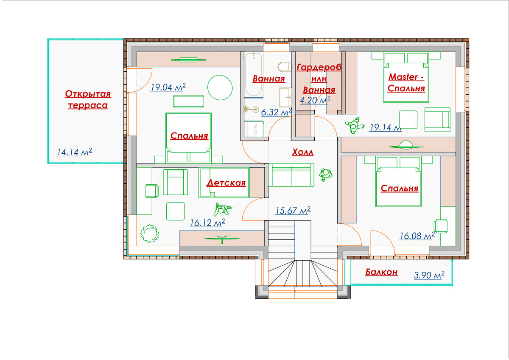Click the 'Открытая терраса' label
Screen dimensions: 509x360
tap(88, 99)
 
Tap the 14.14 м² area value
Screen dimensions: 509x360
tap(74, 152)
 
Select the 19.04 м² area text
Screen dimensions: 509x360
tap(168, 87)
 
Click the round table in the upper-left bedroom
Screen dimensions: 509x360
tap(220, 87)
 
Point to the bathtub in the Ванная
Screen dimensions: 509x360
tap(254, 75)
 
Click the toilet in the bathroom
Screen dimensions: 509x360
tap(285, 67)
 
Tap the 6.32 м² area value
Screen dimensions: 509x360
tap(276, 112)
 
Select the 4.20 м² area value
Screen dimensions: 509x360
tap(315, 100)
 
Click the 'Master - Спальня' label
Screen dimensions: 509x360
tap(406, 82)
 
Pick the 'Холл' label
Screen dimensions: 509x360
tap(303, 152)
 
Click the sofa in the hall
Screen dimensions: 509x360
tap(291, 175)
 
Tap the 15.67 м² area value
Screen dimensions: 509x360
tap(293, 211)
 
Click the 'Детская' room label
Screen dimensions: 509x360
tap(227, 183)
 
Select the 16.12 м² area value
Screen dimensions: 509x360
tap(207, 222)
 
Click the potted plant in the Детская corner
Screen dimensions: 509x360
tap(149, 233)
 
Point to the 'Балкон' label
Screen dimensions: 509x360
tap(381, 272)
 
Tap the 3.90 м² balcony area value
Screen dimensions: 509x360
tap(429, 275)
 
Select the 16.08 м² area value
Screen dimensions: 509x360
tap(417, 236)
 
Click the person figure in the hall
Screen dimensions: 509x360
tap(326, 174)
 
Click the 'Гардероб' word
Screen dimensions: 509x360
tap(319, 67)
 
